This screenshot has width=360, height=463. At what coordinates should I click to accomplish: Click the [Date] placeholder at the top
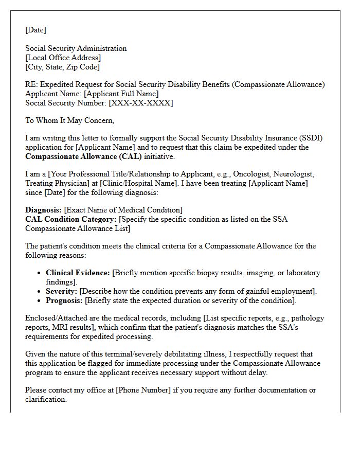[x=35, y=30]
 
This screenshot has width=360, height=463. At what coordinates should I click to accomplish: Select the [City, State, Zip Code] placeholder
[x=62, y=67]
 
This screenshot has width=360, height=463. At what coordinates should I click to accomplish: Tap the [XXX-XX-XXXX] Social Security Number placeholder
[x=140, y=103]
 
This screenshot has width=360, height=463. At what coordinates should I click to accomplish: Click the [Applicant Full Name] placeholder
[x=121, y=94]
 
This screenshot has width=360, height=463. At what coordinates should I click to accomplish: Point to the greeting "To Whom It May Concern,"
[x=69, y=120]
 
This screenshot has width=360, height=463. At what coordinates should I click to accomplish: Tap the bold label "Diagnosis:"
[x=43, y=210]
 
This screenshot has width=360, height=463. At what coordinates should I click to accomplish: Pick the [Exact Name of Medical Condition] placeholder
[x=123, y=210]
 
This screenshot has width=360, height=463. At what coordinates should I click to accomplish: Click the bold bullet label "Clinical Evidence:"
[x=78, y=273]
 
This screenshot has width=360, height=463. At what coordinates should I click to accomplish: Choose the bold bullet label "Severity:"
[x=61, y=291]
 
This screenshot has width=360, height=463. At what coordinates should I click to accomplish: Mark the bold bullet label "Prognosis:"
[x=64, y=300]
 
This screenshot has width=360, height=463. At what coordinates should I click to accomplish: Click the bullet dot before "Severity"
[x=40, y=292]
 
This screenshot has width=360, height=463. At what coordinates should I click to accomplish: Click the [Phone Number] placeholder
[x=143, y=390]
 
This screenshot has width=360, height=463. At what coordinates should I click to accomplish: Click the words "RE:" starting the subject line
[x=31, y=84]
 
